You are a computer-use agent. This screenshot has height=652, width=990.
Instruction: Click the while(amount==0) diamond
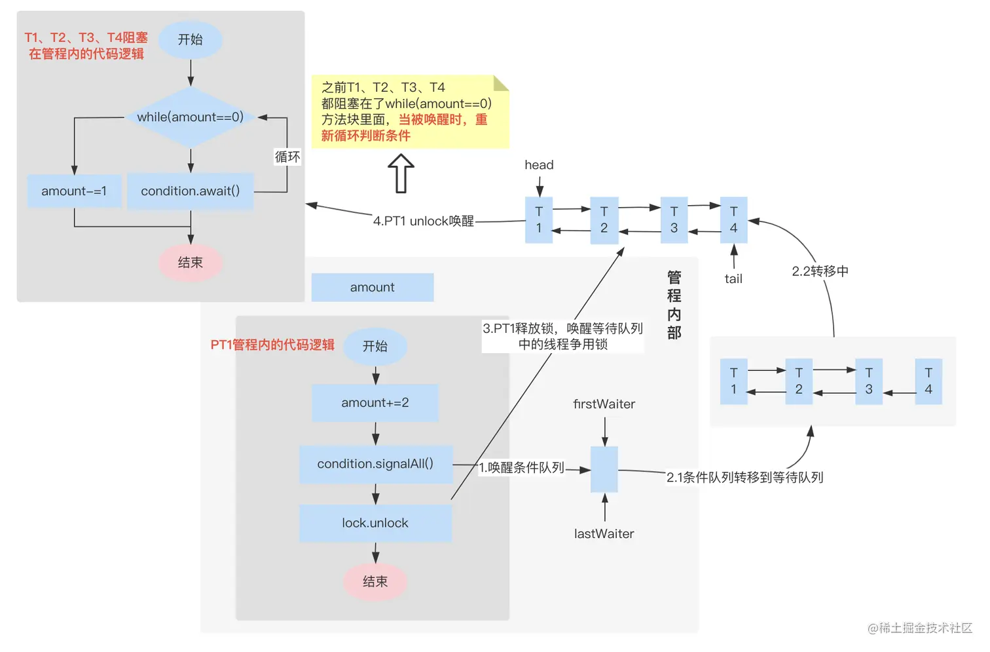click(190, 117)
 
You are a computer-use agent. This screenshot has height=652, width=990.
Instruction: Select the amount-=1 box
click(74, 191)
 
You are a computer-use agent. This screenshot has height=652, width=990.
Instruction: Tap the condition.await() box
click(190, 191)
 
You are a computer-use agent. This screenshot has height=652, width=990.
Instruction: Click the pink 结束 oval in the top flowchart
click(191, 263)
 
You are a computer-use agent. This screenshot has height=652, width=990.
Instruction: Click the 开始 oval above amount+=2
click(375, 346)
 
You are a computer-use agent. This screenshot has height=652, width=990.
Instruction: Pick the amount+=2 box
click(375, 403)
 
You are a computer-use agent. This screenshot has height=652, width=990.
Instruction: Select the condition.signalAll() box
click(375, 464)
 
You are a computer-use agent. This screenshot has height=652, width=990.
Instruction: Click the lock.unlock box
click(375, 523)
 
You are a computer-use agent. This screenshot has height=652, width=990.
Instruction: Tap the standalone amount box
click(372, 287)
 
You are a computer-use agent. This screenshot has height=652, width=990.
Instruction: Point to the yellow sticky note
click(409, 111)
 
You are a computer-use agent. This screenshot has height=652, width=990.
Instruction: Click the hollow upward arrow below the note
click(401, 174)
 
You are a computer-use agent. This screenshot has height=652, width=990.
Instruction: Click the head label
click(539, 165)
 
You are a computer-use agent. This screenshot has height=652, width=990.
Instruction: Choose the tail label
click(733, 279)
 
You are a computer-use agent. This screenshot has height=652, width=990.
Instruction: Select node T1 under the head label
click(539, 220)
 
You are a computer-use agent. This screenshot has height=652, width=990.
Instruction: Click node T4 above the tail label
click(733, 220)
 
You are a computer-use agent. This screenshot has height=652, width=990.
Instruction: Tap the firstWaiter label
click(604, 404)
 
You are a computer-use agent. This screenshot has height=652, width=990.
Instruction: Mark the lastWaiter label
click(604, 534)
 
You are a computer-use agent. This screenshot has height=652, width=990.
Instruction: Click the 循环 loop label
click(287, 157)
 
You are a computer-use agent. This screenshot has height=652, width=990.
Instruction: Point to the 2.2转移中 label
click(820, 271)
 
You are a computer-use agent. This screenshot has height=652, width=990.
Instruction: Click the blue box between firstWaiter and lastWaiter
click(604, 469)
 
